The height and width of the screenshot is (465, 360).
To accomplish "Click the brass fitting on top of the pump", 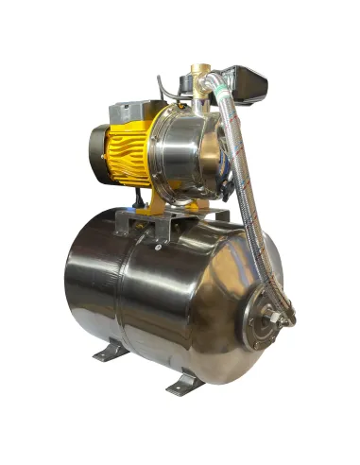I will click(x=200, y=91).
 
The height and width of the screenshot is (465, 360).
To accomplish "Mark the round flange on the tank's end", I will click(x=267, y=317).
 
